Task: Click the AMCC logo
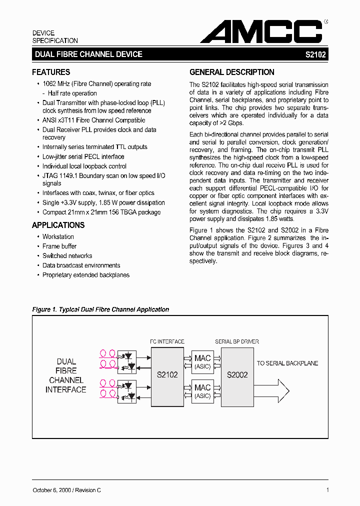pos(261,31)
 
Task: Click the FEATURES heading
pos(51,72)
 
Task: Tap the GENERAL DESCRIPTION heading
pos(232,72)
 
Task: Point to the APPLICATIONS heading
pos(58,225)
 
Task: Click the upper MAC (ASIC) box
pos(202,361)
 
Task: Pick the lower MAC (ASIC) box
pos(202,391)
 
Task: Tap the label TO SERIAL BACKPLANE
pos(287,363)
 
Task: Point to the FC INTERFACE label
pos(167,341)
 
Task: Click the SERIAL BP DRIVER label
pos(237,341)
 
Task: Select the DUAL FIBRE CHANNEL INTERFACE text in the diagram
pos(66,375)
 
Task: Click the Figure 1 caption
pos(100,309)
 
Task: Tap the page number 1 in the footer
pos(327,490)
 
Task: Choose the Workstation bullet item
pos(58,236)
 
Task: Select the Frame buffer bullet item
pos(59,246)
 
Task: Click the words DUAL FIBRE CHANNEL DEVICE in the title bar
pos(88,54)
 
